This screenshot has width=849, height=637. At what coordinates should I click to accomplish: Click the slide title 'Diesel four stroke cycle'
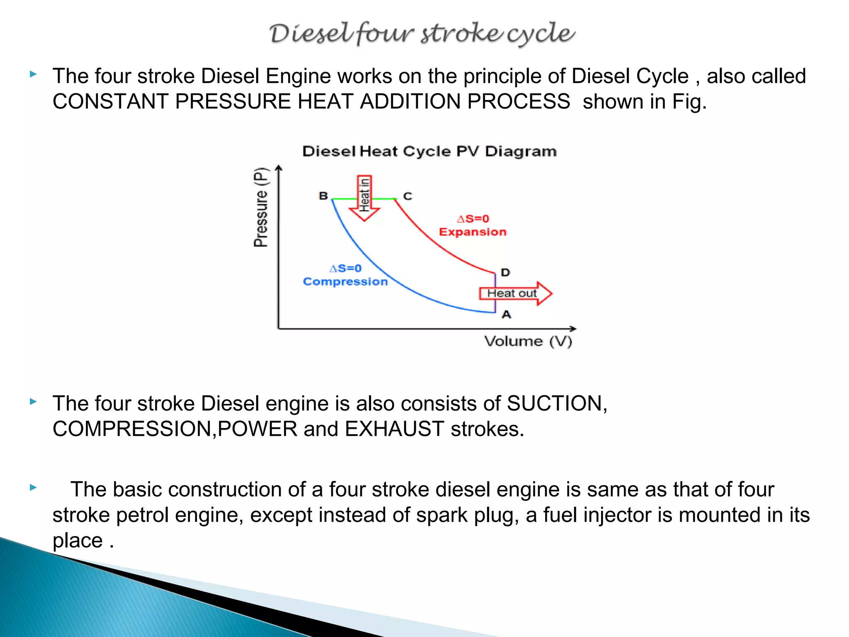click(x=422, y=33)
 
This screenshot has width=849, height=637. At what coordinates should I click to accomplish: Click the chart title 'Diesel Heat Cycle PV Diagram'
click(x=429, y=151)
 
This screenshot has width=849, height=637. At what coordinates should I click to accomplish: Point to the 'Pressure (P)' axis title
click(x=261, y=207)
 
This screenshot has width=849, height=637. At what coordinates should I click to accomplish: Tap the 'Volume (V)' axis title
click(x=528, y=341)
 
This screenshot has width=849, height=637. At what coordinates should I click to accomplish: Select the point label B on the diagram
click(x=323, y=196)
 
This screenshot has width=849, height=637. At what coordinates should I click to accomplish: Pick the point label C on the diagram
click(x=408, y=196)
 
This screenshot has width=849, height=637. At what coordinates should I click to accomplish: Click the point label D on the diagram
click(x=505, y=272)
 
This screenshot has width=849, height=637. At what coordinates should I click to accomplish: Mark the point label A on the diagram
click(x=506, y=314)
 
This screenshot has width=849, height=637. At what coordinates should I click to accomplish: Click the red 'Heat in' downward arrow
click(x=364, y=198)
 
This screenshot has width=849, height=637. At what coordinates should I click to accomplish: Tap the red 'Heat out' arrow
click(x=515, y=293)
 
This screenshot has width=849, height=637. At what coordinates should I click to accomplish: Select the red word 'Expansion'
click(x=473, y=232)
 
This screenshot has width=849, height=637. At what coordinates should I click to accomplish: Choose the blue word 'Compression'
click(x=345, y=282)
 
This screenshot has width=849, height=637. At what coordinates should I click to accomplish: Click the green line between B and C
click(x=344, y=199)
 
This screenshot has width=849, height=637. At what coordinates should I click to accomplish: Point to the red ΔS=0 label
click(x=473, y=219)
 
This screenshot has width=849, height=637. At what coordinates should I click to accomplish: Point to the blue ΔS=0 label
click(x=345, y=268)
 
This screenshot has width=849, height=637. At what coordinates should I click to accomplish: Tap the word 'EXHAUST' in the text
click(x=394, y=429)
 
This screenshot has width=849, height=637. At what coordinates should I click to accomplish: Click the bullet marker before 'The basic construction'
click(x=34, y=487)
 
